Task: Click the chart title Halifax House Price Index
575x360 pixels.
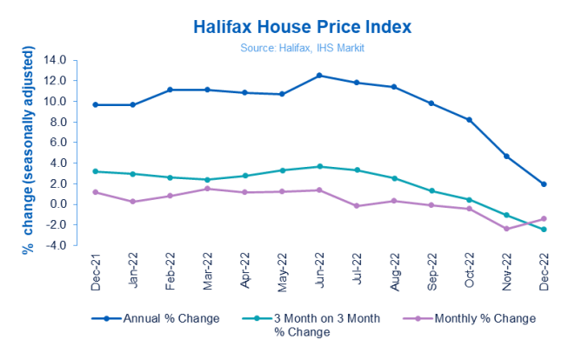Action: [x=287, y=24]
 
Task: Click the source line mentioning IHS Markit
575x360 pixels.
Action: [x=287, y=46]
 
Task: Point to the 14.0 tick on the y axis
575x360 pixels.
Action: [x=55, y=60]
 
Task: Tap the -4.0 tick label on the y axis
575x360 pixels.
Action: [x=55, y=246]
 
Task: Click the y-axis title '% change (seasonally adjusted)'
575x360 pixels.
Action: [x=29, y=153]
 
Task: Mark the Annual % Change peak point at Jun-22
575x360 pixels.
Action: [x=319, y=76]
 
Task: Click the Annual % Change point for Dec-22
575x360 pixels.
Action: [x=544, y=184]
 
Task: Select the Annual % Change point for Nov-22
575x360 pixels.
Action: [x=506, y=157]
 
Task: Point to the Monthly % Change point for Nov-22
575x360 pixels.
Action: [x=506, y=229]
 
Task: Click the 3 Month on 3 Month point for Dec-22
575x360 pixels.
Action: [x=544, y=230]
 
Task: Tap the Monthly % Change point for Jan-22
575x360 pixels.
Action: [x=132, y=202]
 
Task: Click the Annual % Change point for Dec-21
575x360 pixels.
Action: [x=95, y=105]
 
